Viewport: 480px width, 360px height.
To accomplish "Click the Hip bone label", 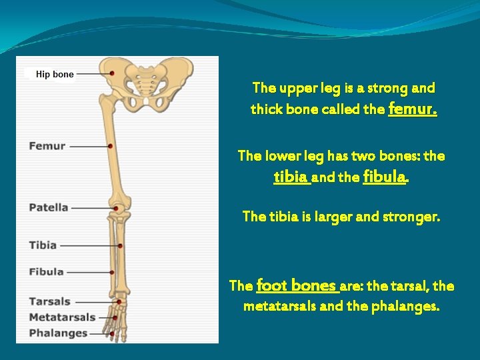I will (x=54, y=75).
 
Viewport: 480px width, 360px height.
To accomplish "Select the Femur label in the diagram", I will (x=47, y=145).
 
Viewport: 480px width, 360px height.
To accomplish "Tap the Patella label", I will (x=48, y=207).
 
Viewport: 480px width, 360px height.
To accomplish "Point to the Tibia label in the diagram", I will (x=43, y=245).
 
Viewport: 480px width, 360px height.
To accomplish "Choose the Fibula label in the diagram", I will (x=46, y=271).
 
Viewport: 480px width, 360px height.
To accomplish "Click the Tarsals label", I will (x=49, y=301).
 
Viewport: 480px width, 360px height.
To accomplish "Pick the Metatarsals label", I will (x=62, y=317).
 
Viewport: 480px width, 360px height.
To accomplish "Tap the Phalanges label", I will (x=58, y=333).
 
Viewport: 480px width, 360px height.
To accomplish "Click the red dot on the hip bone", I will (x=112, y=72).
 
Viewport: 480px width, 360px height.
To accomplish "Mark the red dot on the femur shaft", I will (x=110, y=145).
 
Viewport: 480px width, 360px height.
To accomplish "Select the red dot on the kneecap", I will (x=116, y=208).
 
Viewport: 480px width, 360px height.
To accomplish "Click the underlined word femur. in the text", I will (x=412, y=108).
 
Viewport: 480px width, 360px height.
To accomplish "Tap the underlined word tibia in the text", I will (x=291, y=177).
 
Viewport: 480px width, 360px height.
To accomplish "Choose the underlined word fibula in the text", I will (x=385, y=177).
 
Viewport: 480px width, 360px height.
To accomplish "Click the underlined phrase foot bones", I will (x=297, y=285).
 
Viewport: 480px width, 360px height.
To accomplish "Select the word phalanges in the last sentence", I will (x=407, y=307).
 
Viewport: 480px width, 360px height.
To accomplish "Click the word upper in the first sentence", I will (x=296, y=88).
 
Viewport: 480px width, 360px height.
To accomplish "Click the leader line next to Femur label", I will (x=88, y=146).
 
